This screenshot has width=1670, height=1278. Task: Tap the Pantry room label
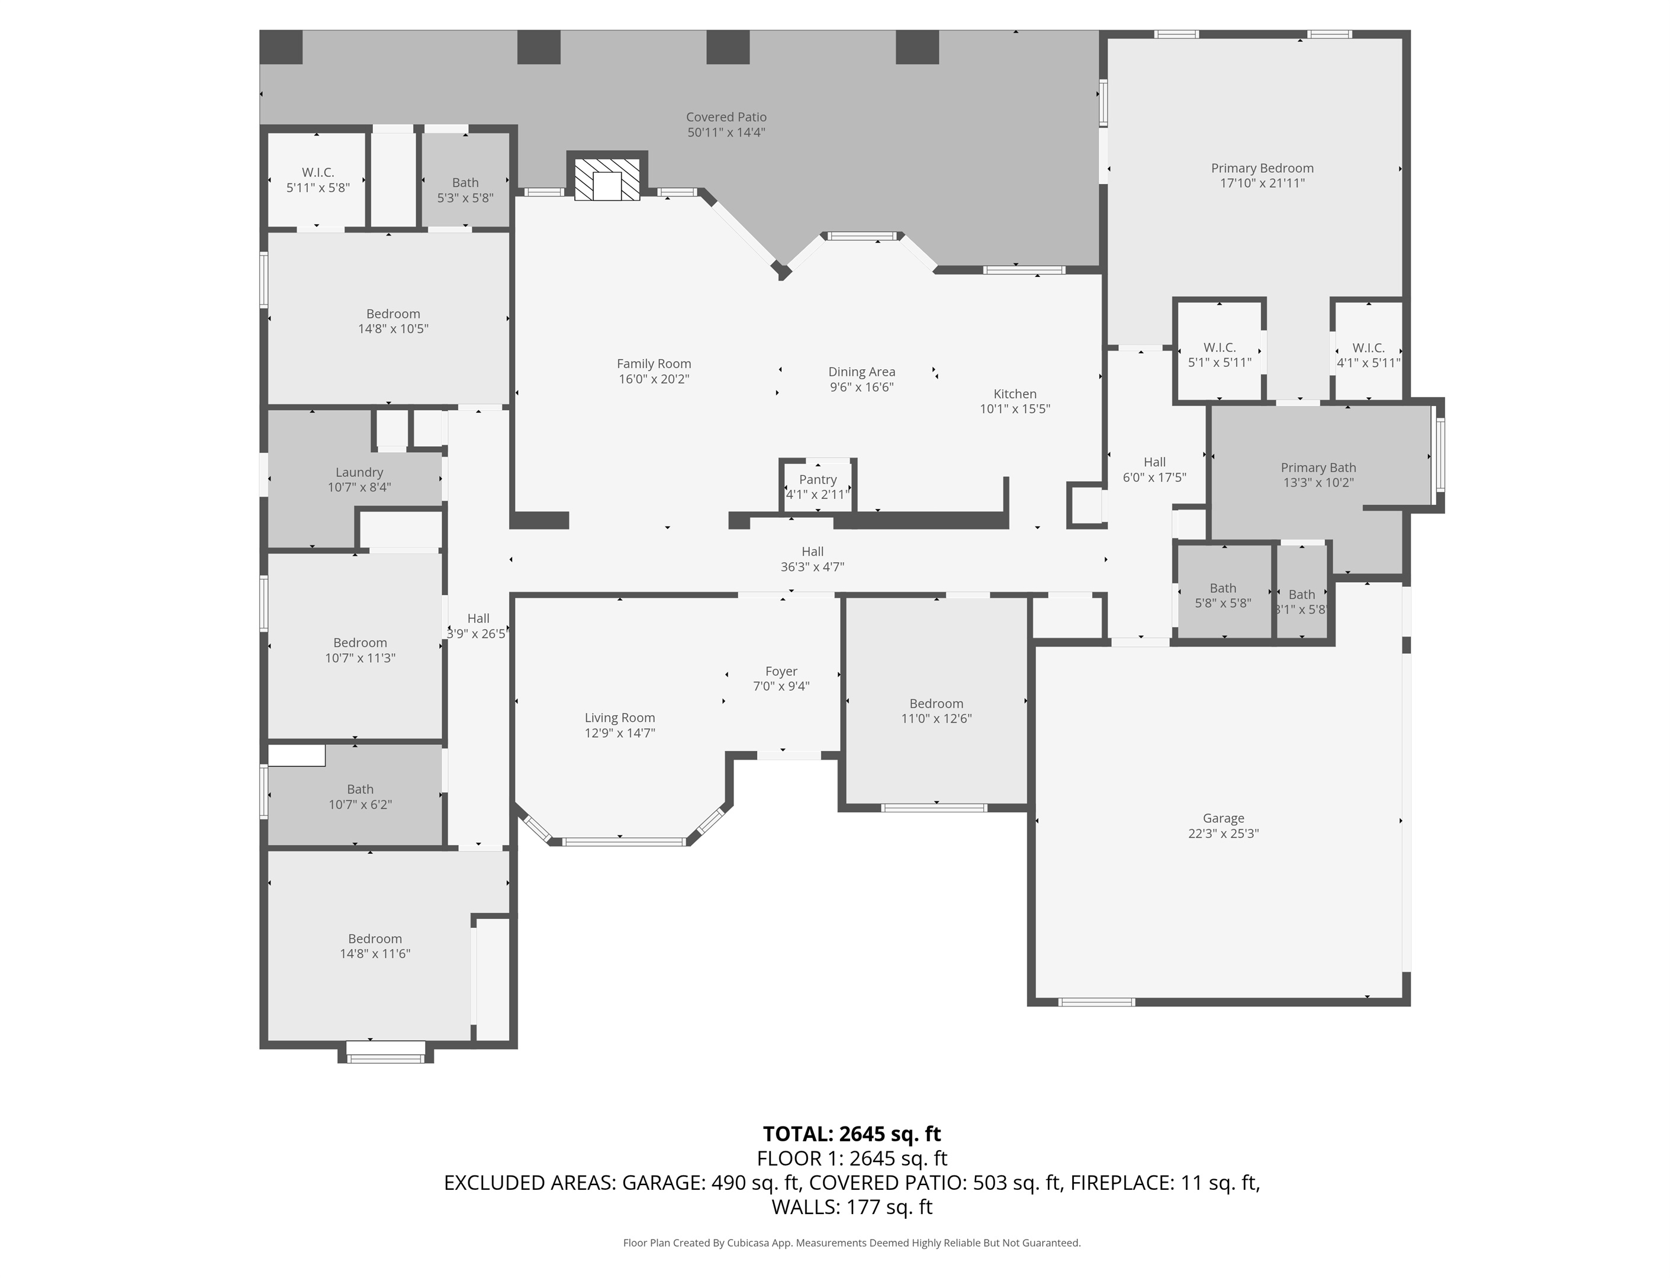coord(818,479)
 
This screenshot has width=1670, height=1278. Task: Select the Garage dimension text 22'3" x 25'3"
coord(1223,833)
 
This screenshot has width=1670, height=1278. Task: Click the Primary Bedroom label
coord(1262,168)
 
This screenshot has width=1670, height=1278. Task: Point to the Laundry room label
coord(359,472)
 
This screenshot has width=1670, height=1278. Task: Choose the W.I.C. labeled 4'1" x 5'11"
coord(1368,355)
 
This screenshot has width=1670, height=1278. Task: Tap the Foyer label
coord(781,671)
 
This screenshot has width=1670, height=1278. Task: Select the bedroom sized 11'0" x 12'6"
coord(937,711)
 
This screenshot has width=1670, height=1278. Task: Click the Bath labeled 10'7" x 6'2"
coord(360,796)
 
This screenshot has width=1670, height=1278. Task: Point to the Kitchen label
coord(1015,393)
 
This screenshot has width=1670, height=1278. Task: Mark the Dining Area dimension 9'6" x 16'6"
coord(862,387)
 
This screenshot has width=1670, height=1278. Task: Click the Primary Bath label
coord(1318,467)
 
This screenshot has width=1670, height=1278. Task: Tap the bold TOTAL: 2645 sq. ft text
coord(852,1134)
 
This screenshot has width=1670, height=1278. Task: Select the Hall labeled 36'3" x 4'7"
coord(812,559)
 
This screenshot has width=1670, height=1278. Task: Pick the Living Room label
coord(620,717)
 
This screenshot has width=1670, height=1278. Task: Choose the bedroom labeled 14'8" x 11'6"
coord(375,946)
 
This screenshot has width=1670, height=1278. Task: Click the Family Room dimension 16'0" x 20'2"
coord(654,379)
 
